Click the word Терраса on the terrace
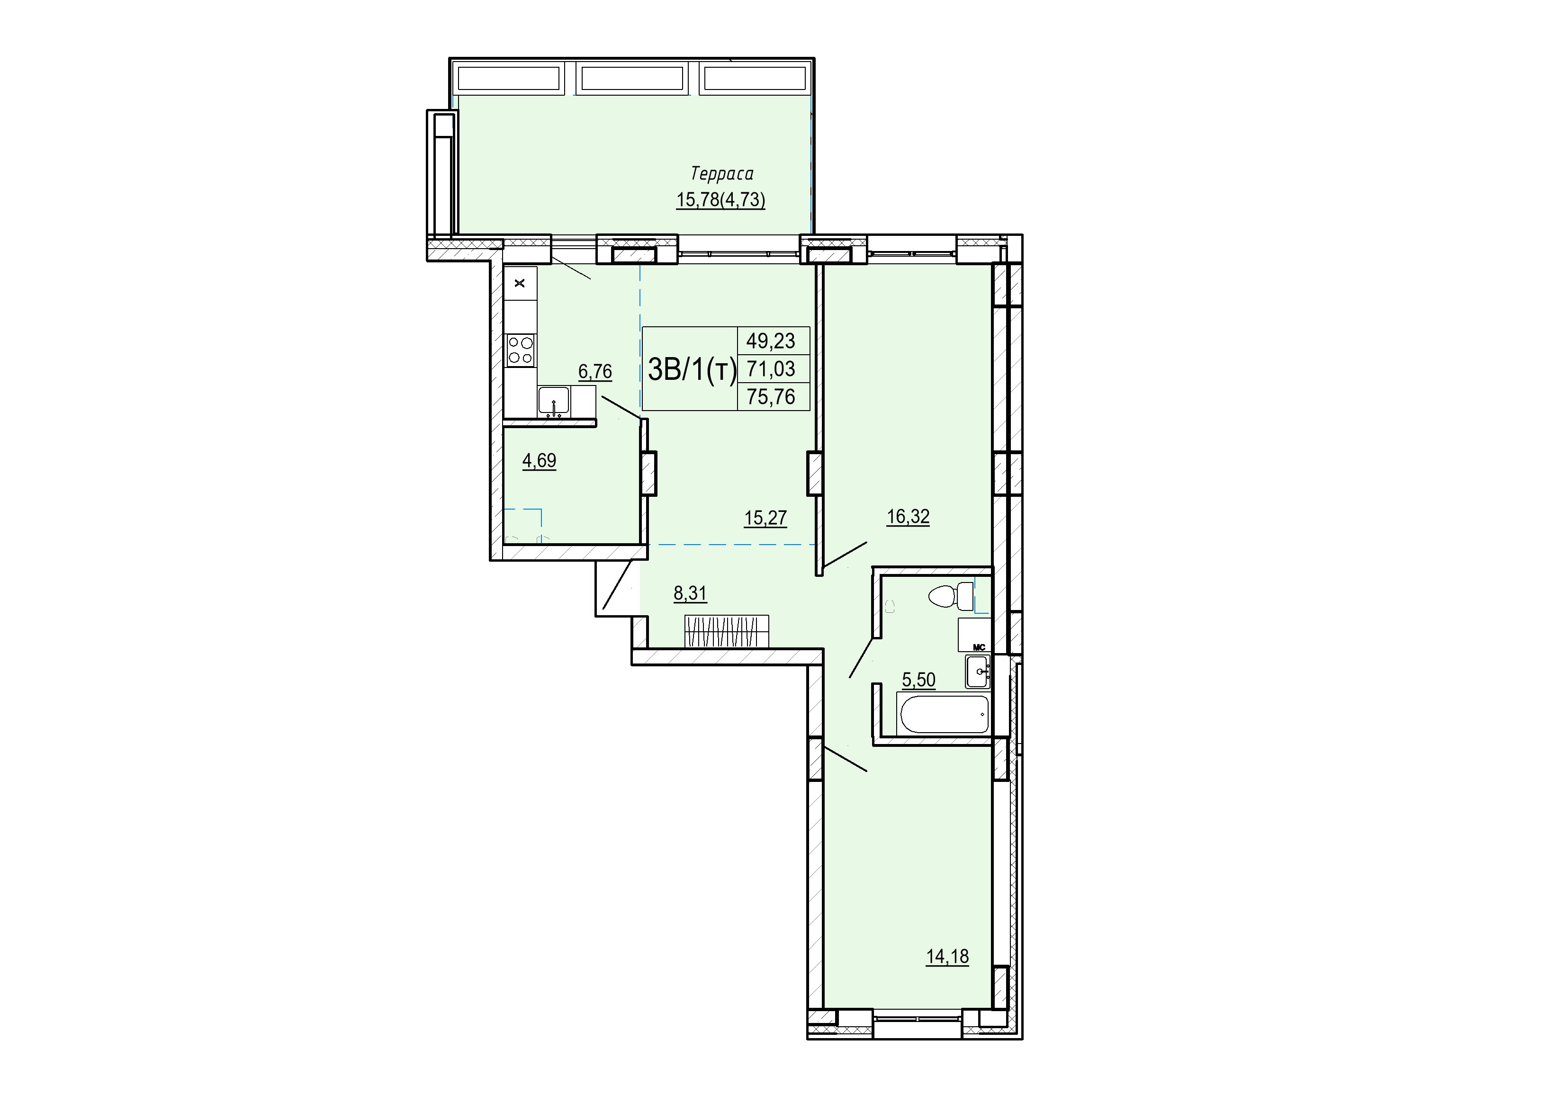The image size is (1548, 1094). tap(722, 174)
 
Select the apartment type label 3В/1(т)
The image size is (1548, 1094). tap(692, 369)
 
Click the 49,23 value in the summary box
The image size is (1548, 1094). tap(771, 341)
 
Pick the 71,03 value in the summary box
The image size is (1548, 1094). tap(771, 369)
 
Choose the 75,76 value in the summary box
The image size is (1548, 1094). tap(771, 396)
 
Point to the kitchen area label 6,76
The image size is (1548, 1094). tap(595, 371)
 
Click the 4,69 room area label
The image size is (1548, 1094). tap(540, 461)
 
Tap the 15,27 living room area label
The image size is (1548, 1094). tap(765, 518)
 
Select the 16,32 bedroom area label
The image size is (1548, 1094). tap(908, 517)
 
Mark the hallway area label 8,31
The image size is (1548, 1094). tap(691, 593)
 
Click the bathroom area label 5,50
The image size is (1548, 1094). tap(919, 680)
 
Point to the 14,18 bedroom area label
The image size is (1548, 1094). tap(947, 957)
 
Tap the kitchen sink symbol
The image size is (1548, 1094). tap(554, 401)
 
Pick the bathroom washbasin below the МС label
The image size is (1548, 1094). tap(977, 672)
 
